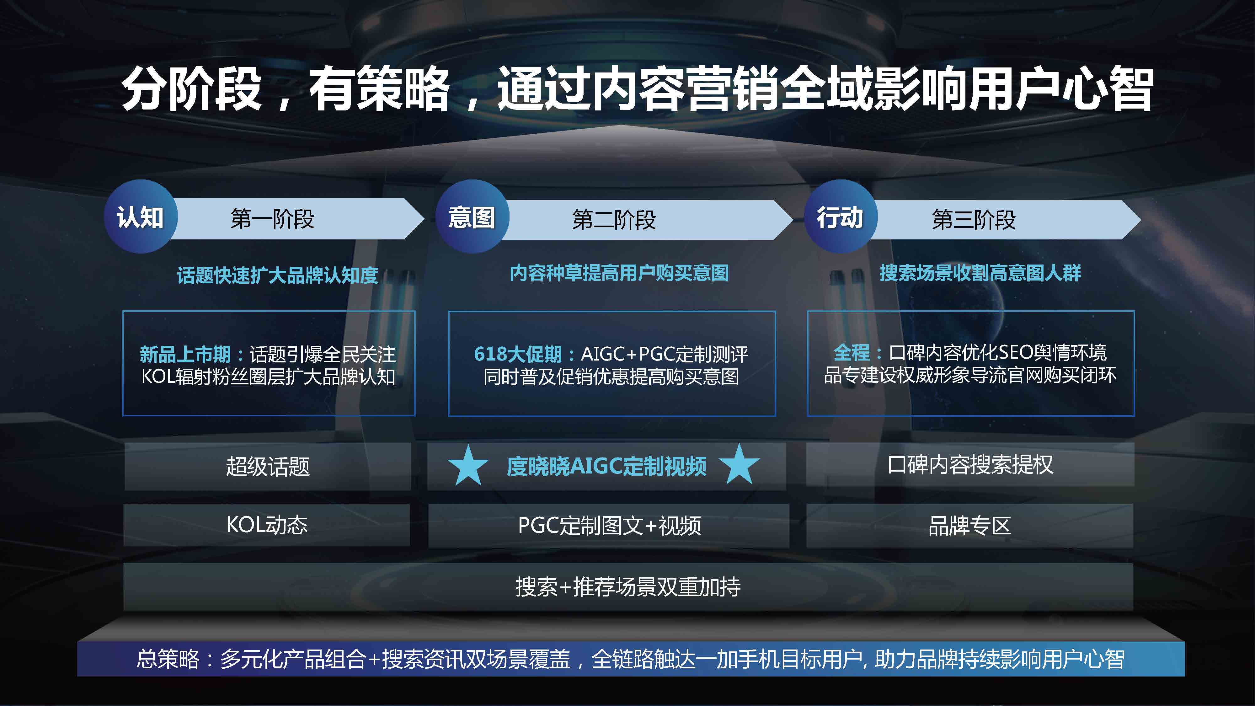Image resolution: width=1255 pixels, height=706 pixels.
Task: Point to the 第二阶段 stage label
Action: coord(614,219)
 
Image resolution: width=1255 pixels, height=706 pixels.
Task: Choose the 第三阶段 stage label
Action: coord(973,219)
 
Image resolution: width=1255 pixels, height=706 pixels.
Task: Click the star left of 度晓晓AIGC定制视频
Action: coord(468,465)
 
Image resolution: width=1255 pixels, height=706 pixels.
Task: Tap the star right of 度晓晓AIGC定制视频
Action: coord(740,464)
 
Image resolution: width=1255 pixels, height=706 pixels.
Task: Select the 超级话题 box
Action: coord(267,466)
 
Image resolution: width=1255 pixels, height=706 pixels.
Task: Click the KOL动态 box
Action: coord(266,525)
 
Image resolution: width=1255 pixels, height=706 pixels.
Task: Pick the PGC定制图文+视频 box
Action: coord(608,526)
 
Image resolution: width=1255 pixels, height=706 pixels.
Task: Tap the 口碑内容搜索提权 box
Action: coord(970,464)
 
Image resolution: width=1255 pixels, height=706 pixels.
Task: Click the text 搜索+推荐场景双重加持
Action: coord(628,587)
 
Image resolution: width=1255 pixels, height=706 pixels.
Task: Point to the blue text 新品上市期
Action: coord(185,354)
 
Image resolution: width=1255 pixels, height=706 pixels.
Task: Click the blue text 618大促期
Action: coord(518,354)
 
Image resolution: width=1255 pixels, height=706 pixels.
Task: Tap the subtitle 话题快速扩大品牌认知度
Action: coord(277,275)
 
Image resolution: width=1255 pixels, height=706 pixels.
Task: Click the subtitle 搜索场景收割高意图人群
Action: coord(980,273)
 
